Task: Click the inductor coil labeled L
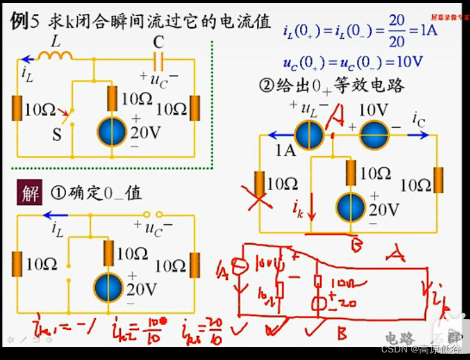click(x=55, y=55)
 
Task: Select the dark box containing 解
click(x=30, y=193)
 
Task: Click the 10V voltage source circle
click(x=374, y=135)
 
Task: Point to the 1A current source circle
click(x=308, y=135)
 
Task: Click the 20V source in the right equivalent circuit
click(x=351, y=207)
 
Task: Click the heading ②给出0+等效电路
click(x=332, y=87)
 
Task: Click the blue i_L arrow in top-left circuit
click(x=27, y=59)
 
